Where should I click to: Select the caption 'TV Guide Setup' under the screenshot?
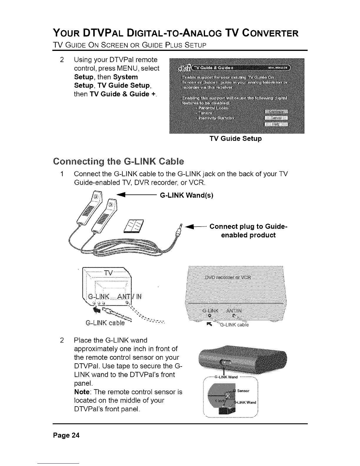[x=235, y=138]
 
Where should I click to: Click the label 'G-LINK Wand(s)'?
[x=186, y=195]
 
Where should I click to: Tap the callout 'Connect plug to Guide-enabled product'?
[x=248, y=231]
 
